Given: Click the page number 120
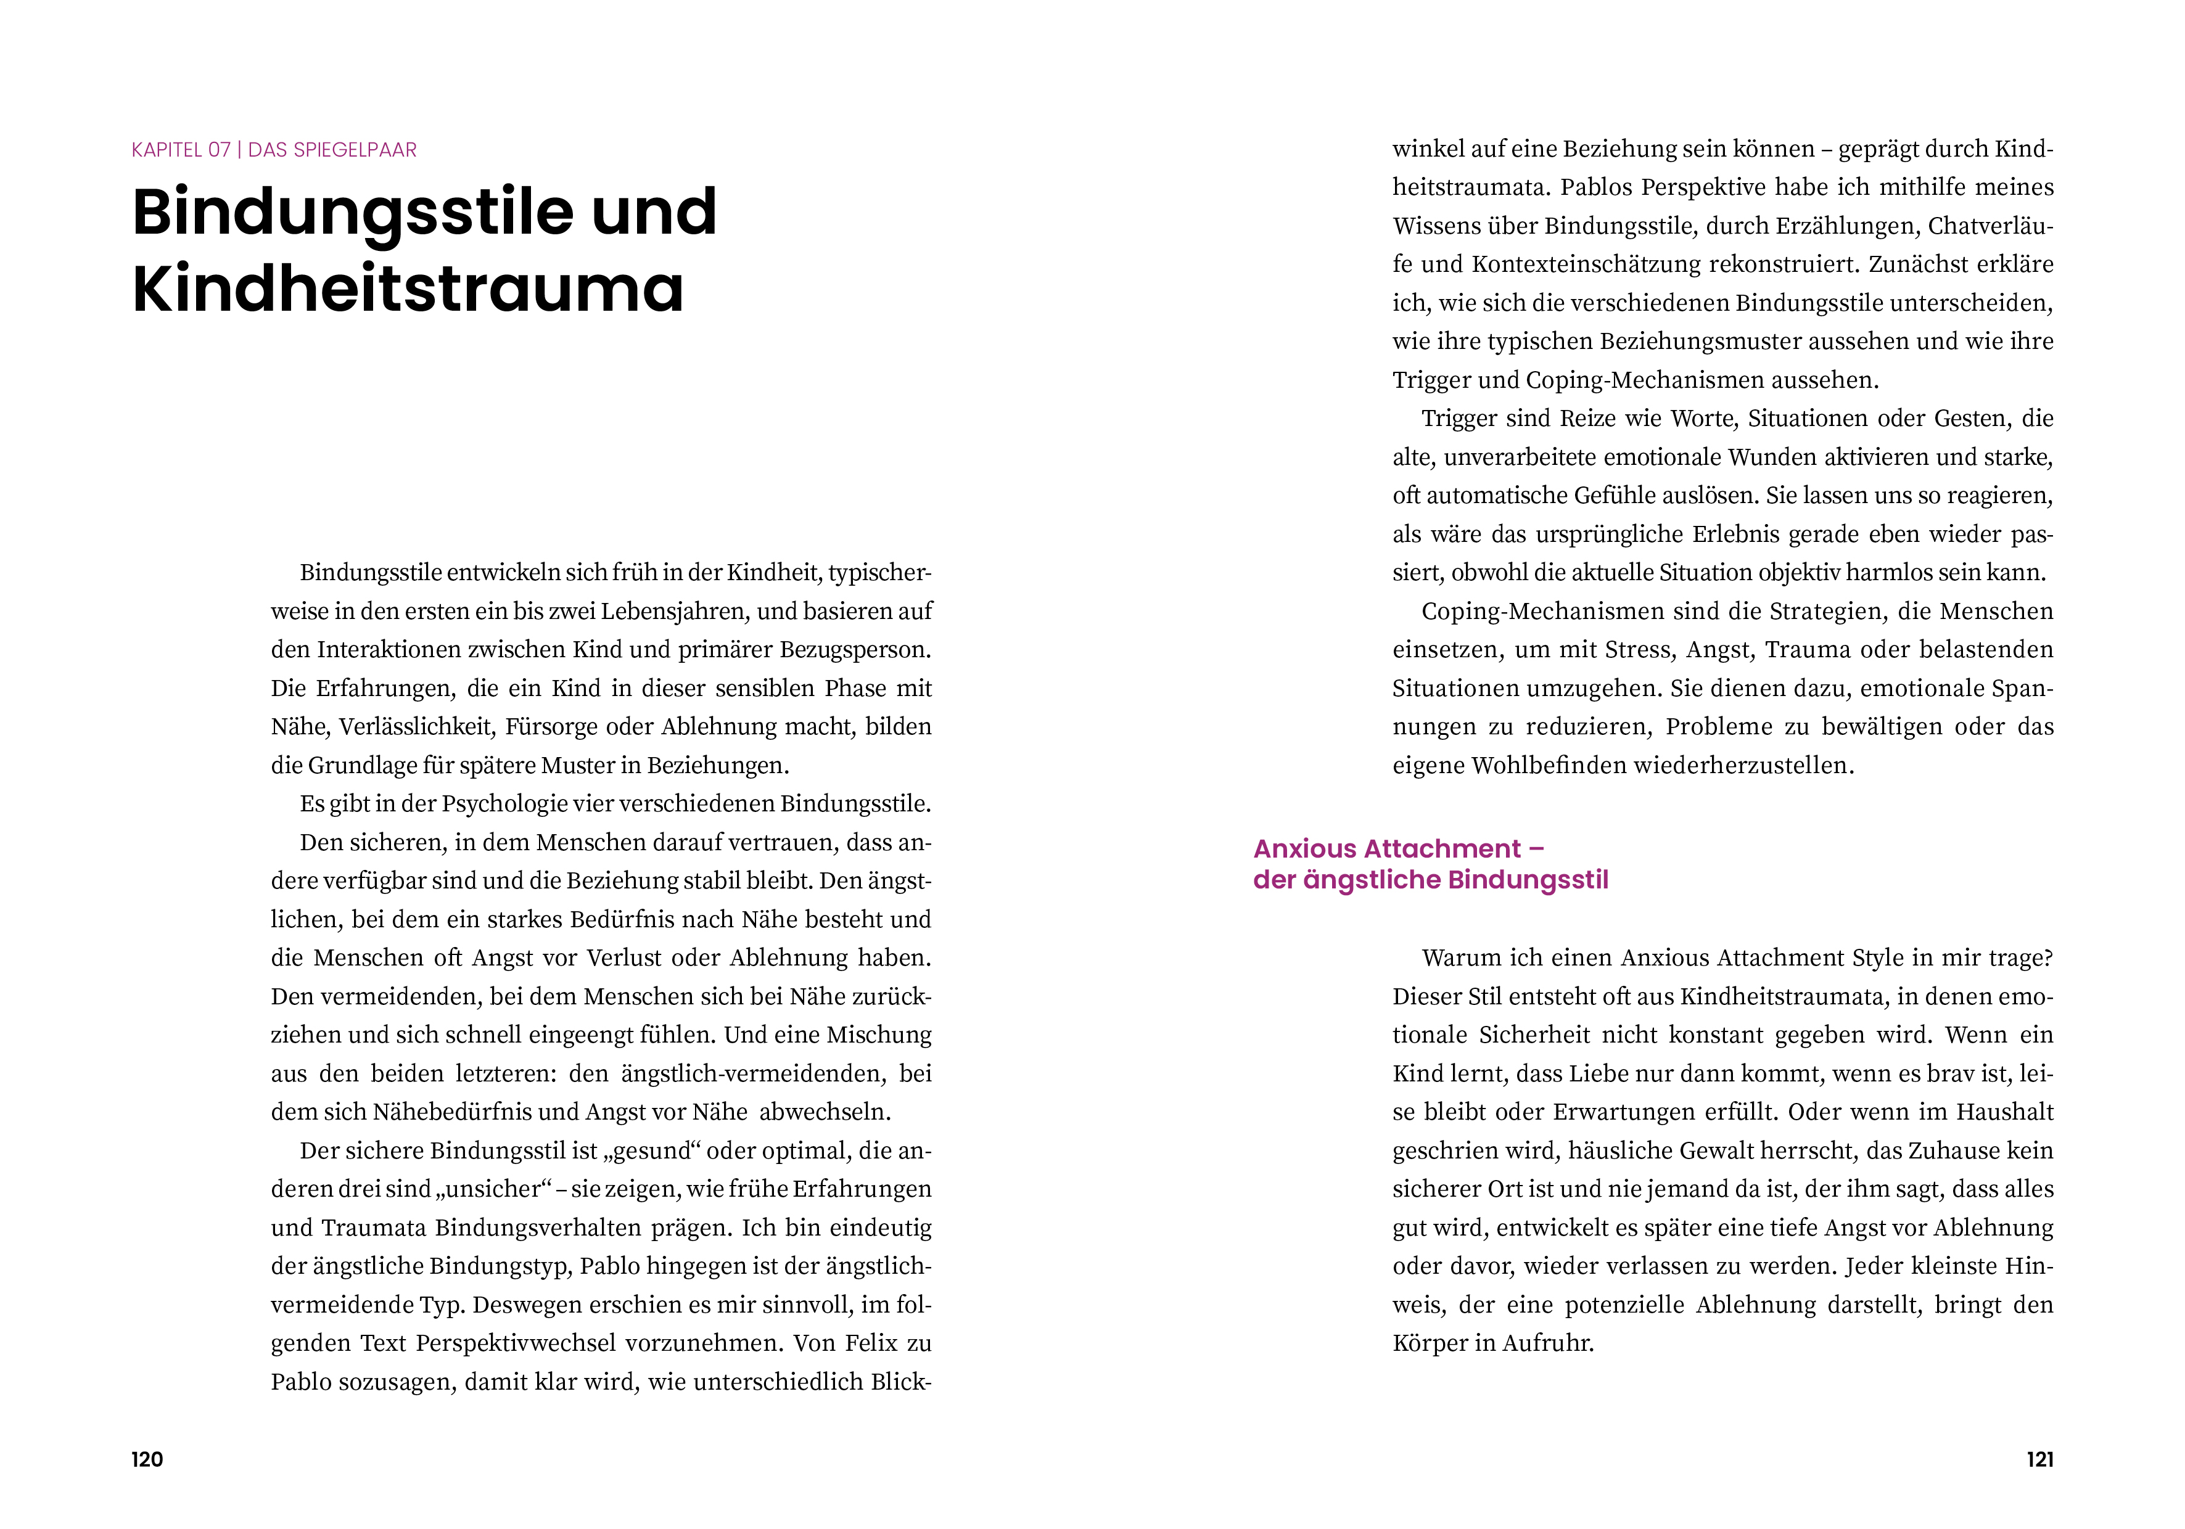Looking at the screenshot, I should point(147,1459).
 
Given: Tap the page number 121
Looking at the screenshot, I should point(2039,1459).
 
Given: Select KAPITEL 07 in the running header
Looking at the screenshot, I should point(181,150).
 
